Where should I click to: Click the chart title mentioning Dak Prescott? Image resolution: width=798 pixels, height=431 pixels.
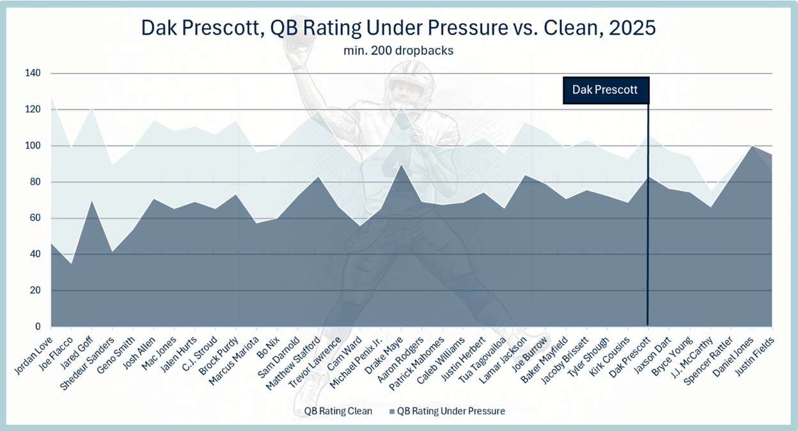398,27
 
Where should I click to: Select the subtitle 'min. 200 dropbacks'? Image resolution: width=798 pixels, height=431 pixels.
398,51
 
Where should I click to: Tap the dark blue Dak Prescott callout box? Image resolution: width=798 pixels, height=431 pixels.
606,90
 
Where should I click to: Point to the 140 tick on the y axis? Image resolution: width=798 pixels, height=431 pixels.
33,73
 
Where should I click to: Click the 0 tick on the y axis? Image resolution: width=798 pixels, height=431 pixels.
38,327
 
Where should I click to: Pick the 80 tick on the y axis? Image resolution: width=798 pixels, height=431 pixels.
35,182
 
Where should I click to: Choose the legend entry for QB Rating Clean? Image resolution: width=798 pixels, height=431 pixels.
334,411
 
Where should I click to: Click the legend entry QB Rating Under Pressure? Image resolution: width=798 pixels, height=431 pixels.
447,411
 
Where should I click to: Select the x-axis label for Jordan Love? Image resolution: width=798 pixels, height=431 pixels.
34,356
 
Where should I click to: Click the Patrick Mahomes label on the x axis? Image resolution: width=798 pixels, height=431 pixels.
417,364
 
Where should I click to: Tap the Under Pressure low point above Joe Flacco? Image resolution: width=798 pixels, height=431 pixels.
72,263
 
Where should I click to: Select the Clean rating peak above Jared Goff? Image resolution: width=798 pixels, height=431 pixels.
92,107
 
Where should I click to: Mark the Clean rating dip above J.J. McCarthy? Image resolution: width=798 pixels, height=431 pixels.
710,191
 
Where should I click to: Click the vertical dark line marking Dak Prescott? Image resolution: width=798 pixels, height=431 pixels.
648,214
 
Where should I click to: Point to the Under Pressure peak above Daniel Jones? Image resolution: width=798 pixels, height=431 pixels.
752,146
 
